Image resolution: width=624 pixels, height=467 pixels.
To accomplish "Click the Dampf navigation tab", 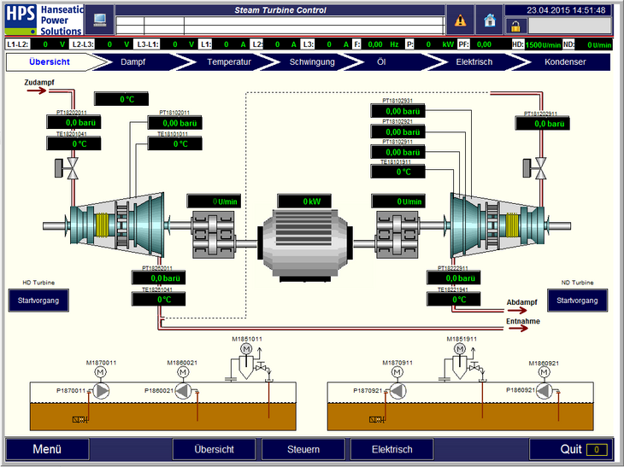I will pyautogui.click(x=132, y=62).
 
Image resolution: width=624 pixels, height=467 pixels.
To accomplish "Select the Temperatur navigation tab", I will pyautogui.click(x=229, y=62).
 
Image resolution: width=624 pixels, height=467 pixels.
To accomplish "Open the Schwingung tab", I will pyautogui.click(x=312, y=62).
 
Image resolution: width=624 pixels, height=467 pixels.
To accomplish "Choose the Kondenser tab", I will pyautogui.click(x=565, y=62).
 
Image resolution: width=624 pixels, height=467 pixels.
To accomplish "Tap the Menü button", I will pyautogui.click(x=47, y=449).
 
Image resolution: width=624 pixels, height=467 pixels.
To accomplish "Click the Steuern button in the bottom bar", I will pyautogui.click(x=303, y=449).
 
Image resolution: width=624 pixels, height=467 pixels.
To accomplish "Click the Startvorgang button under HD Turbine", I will pyautogui.click(x=38, y=300).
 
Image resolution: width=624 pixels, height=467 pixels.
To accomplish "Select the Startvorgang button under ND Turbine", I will pyautogui.click(x=577, y=300).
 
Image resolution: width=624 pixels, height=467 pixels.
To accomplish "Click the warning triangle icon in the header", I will pyautogui.click(x=461, y=20).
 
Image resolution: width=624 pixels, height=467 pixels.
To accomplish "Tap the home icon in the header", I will pyautogui.click(x=490, y=20).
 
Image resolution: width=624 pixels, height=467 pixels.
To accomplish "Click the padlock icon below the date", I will pyautogui.click(x=515, y=26).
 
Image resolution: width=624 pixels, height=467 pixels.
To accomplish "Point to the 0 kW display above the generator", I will pyautogui.click(x=311, y=201).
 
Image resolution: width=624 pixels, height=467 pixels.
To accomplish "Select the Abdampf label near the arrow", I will pyautogui.click(x=521, y=302).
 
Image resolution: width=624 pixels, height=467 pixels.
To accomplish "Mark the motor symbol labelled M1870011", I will pyautogui.click(x=100, y=373).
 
